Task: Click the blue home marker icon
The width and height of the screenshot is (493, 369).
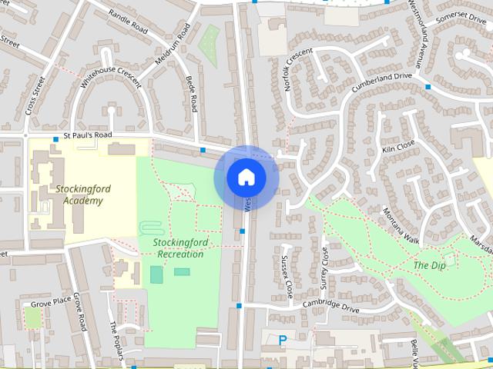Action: coord(246,177)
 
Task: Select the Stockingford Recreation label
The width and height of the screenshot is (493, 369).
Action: coord(178,248)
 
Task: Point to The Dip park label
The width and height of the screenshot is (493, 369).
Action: coord(430,265)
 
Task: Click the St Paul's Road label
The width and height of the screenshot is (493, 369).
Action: coord(88,136)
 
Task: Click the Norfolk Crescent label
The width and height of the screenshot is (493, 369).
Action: coord(297,69)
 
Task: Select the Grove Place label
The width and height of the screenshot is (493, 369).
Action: coord(56,298)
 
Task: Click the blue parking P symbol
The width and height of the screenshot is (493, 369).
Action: coord(282,339)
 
